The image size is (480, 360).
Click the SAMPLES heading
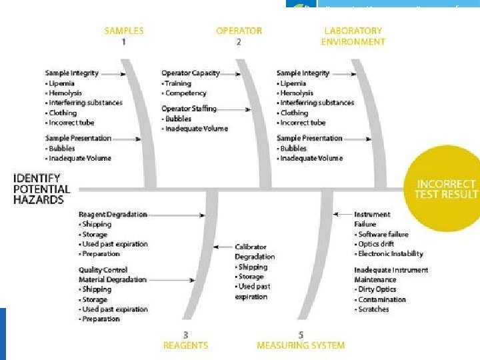click(x=125, y=31)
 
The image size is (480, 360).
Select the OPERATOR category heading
click(x=239, y=31)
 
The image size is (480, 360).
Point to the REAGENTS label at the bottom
click(x=185, y=345)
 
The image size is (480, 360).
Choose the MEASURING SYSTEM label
click(x=301, y=345)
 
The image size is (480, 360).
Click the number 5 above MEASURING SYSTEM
click(x=301, y=335)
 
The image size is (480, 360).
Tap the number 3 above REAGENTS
click(x=185, y=335)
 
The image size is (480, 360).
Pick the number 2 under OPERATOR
click(x=239, y=41)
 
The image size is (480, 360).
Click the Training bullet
click(x=177, y=83)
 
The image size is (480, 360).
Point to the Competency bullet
click(x=185, y=93)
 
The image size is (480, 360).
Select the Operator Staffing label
click(x=189, y=109)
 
